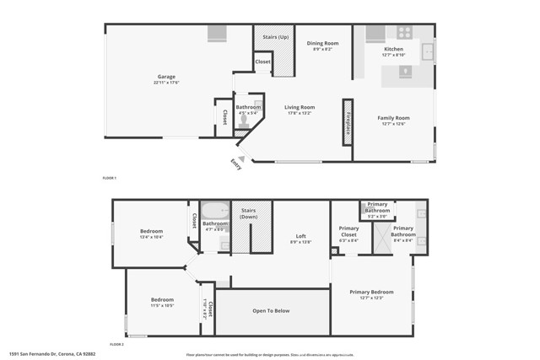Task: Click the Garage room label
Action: [x=165, y=78]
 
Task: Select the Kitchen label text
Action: [x=393, y=50]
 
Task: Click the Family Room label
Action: [x=393, y=118]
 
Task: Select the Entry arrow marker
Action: [x=240, y=158]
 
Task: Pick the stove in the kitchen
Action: [x=403, y=33]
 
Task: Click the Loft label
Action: [x=300, y=236]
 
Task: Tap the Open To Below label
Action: [x=271, y=311]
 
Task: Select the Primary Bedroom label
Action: [x=372, y=293]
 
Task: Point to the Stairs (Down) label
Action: [x=248, y=213]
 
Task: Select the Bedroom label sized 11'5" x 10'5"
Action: [x=162, y=300]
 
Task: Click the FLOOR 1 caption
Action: [x=109, y=178]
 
